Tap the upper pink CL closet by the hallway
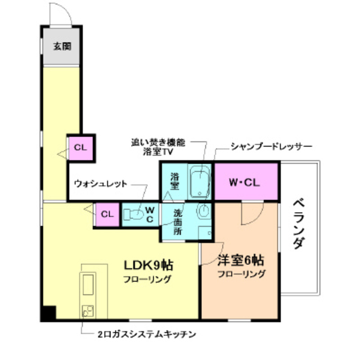80,148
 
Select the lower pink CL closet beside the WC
107,214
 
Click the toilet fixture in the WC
134,214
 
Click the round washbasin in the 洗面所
204,211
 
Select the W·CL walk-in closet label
246,182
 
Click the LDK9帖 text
148,264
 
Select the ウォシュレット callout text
101,183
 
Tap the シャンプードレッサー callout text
271,146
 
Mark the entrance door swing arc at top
60,12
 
